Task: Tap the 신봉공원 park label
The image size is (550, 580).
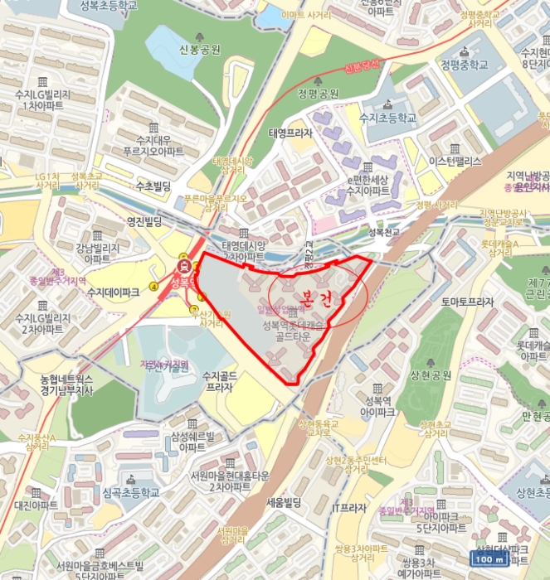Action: point(199,50)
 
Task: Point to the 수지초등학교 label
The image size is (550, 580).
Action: point(387,118)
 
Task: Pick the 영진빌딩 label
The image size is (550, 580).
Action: point(125,222)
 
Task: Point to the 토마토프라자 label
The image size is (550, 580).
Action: point(468,302)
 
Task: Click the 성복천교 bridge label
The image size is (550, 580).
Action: point(382,234)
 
